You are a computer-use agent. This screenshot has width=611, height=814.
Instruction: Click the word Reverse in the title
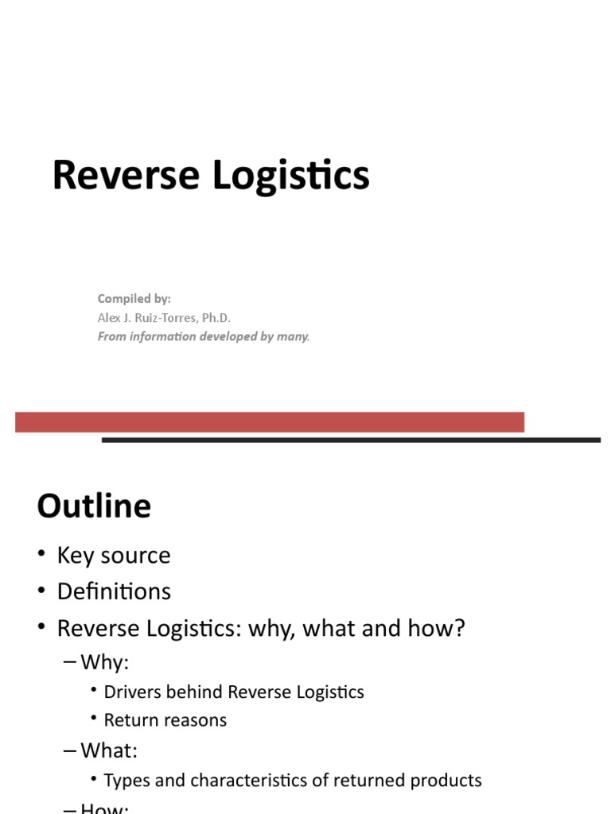coord(125,176)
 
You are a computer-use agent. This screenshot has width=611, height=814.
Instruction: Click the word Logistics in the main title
coord(291,176)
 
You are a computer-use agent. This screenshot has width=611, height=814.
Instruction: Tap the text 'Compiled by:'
coord(134,299)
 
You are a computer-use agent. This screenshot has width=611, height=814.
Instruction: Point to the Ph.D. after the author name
coord(215,317)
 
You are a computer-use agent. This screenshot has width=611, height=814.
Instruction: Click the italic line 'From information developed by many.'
coord(204,336)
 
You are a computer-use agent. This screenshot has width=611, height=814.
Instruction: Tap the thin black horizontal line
coord(351,440)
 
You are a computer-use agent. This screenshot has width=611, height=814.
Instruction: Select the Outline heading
coord(94,506)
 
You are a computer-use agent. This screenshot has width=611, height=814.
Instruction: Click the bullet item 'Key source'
coord(114,555)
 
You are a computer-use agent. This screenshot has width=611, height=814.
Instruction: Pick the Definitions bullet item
coord(114,591)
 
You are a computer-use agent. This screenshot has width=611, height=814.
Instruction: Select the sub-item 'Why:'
coord(104,661)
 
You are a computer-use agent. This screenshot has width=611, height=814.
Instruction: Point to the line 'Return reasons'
coord(165,720)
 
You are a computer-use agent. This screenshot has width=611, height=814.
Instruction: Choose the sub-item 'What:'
coord(109,750)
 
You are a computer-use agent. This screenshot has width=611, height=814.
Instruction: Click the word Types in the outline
coord(127,781)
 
